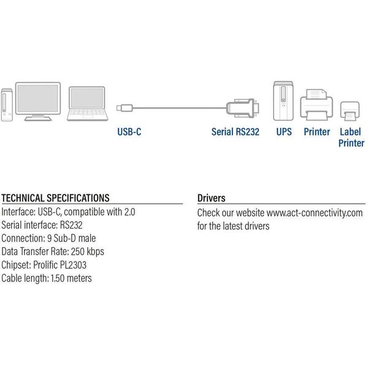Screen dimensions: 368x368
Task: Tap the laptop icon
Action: [x=85, y=105]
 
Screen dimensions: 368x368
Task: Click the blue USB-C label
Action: [x=129, y=131]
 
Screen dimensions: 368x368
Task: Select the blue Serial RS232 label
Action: [x=235, y=131]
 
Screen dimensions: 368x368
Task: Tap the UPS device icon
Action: [x=283, y=100]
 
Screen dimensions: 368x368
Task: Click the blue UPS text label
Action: [x=283, y=131]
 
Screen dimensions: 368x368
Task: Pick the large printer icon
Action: [x=317, y=105]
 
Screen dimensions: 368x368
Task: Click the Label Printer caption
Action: [x=351, y=137]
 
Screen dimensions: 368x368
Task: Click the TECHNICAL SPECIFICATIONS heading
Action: [x=56, y=198]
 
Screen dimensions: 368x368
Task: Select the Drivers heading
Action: [x=211, y=198]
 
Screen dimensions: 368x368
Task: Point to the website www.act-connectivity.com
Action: [x=315, y=213]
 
